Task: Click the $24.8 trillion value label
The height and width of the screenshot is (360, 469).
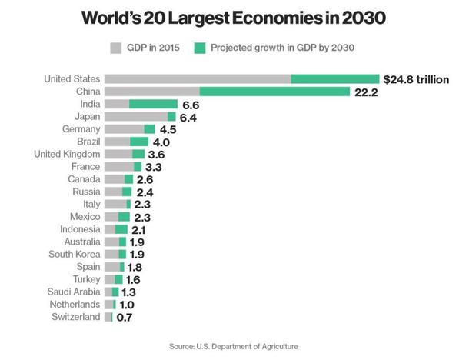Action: point(416,78)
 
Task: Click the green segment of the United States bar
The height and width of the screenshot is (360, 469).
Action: point(335,78)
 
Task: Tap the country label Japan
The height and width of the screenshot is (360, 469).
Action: point(88,117)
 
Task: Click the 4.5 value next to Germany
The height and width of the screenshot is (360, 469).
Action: point(168,129)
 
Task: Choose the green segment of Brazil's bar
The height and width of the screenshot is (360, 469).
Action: point(138,142)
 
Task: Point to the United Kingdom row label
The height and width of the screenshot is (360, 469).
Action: point(67,154)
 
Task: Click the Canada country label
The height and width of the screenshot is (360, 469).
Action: point(83,178)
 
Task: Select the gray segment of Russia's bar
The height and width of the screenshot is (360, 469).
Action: point(113,192)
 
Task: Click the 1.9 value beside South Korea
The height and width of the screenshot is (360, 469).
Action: point(137,254)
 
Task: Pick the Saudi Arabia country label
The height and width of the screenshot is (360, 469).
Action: point(74,292)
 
